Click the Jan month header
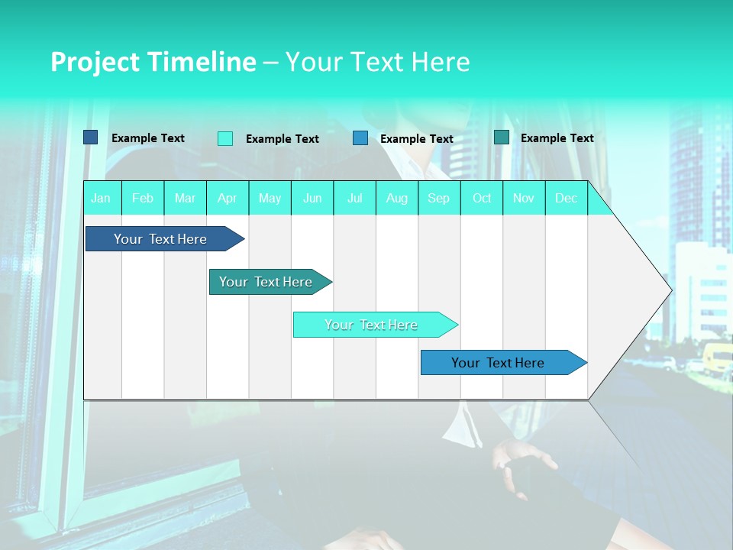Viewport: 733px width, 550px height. (101, 198)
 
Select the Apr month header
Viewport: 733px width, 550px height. (228, 198)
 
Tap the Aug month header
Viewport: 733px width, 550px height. (397, 198)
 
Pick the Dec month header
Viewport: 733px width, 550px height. (566, 198)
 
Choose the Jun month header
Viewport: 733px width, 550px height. (312, 198)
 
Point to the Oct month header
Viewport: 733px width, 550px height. (482, 198)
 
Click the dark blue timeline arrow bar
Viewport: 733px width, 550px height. (160, 239)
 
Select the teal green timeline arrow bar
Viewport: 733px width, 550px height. (266, 282)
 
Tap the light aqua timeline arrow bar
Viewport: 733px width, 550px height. (371, 325)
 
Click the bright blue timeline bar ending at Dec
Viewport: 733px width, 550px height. (499, 363)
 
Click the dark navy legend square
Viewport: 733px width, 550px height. (91, 137)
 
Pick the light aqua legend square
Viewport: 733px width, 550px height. (225, 138)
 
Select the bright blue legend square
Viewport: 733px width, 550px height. (360, 138)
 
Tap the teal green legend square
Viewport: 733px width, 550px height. (502, 137)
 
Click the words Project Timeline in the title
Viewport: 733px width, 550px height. (153, 62)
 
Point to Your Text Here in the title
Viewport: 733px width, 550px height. (377, 62)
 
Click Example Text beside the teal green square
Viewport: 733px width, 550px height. (557, 137)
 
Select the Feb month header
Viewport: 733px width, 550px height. (143, 198)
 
